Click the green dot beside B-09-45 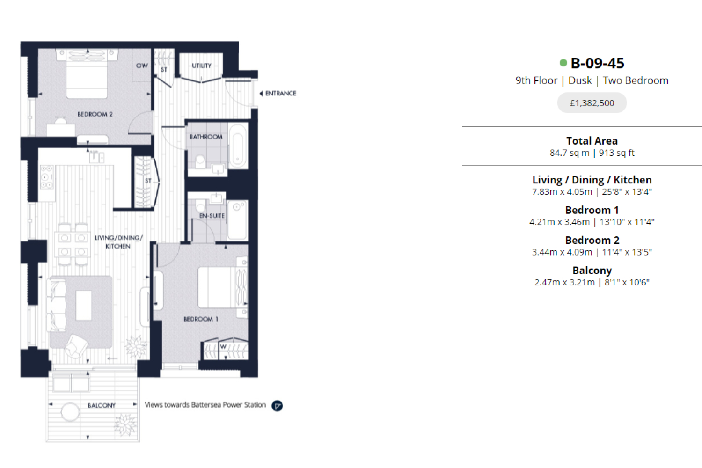click(x=563, y=63)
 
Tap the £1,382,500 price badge click(x=592, y=103)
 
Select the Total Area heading click(x=592, y=141)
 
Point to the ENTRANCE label click(x=280, y=94)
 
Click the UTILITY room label click(x=202, y=66)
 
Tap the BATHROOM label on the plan click(x=206, y=137)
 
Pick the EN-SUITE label click(x=212, y=216)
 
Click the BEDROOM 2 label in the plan click(x=95, y=114)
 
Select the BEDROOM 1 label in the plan click(x=201, y=319)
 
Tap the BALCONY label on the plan click(x=102, y=405)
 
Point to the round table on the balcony click(x=70, y=412)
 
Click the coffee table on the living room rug click(x=84, y=305)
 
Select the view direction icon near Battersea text click(x=277, y=406)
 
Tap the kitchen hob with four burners click(x=47, y=177)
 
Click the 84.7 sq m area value click(x=569, y=153)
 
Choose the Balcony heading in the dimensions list click(x=592, y=270)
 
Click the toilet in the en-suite click(x=201, y=205)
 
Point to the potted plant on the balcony click(x=125, y=425)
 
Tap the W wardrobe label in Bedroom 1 click(x=223, y=347)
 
